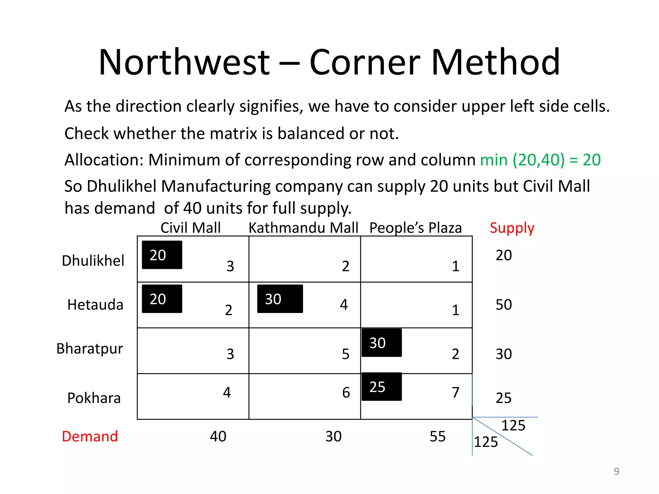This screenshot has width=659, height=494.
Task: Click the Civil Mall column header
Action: pos(190,228)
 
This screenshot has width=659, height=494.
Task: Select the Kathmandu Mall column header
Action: pos(303,228)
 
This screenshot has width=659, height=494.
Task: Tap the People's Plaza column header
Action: pos(415,228)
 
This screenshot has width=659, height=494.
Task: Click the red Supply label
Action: pos(512,228)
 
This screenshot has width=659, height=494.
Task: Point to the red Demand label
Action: pos(90,436)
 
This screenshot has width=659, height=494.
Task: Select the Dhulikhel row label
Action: pos(93,261)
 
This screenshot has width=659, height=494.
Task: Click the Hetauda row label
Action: pos(95,305)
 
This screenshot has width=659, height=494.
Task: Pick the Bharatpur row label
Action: pos(90,349)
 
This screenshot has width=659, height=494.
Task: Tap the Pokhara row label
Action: pos(94,398)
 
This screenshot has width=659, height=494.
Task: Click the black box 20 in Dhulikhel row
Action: pos(162,255)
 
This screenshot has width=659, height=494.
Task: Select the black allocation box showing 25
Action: pos(382,387)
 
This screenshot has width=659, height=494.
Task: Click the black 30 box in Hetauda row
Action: pos(280,299)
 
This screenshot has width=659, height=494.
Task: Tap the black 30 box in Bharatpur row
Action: pos(382,343)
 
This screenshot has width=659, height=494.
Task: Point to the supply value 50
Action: pos(504,305)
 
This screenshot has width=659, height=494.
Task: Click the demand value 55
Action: pos(438,436)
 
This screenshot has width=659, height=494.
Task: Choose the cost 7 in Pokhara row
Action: pos(455,392)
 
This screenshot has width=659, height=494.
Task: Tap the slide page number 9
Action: pos(616,471)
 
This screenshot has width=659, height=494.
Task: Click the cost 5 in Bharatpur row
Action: pos(346,354)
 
